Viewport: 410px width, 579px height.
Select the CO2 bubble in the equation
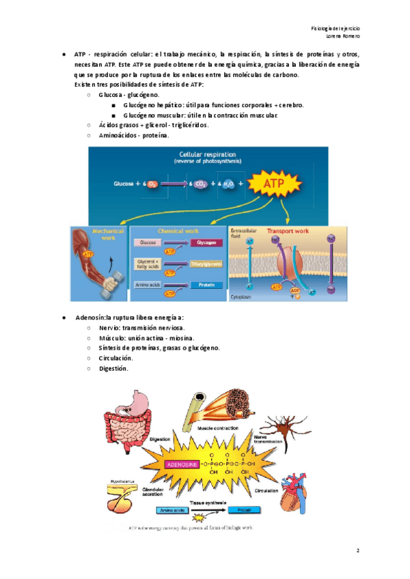(x=203, y=184)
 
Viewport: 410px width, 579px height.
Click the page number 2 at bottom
(x=357, y=550)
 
